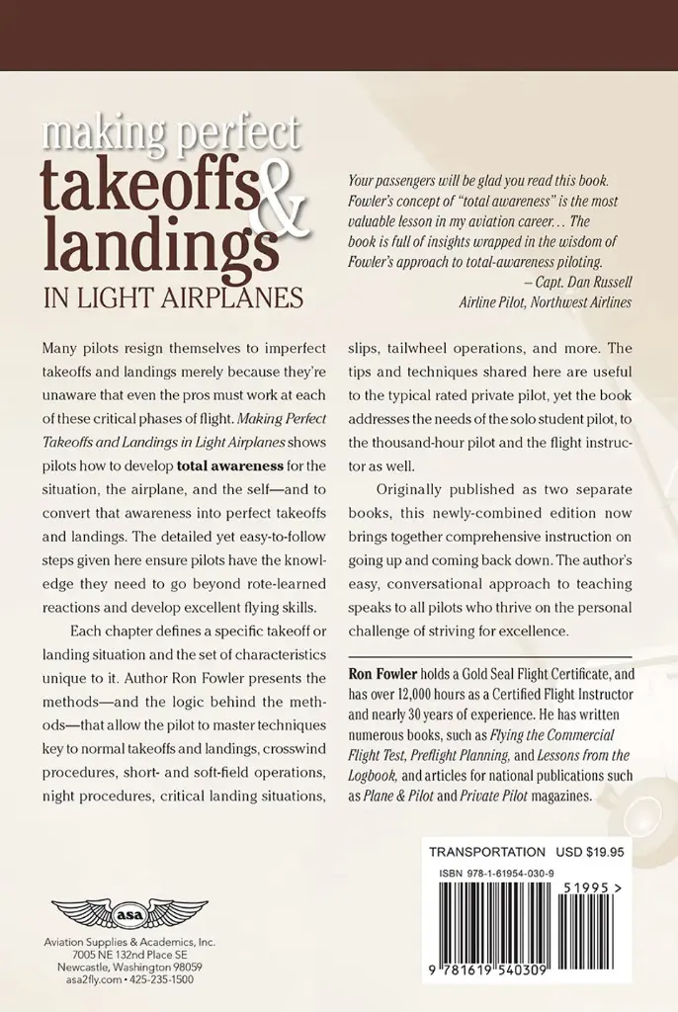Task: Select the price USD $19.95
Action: click(x=601, y=852)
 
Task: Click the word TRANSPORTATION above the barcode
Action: click(x=487, y=852)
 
